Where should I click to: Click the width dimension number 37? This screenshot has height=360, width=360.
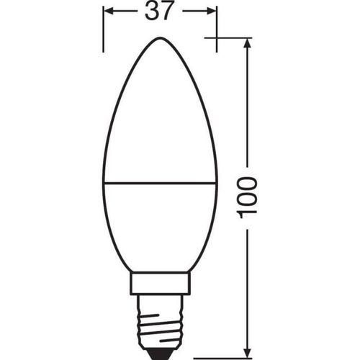160,12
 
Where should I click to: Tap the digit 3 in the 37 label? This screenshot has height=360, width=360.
151,12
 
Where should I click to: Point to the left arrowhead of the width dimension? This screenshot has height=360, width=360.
109,12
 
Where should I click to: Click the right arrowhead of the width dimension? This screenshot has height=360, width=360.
211,12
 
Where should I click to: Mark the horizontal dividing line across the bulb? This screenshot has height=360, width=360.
160,183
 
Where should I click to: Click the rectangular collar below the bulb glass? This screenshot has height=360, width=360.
160,283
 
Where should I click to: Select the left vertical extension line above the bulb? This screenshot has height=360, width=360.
104,29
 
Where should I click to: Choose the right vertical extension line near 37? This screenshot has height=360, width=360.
217,29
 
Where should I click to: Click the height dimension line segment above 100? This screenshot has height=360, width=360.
247,108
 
